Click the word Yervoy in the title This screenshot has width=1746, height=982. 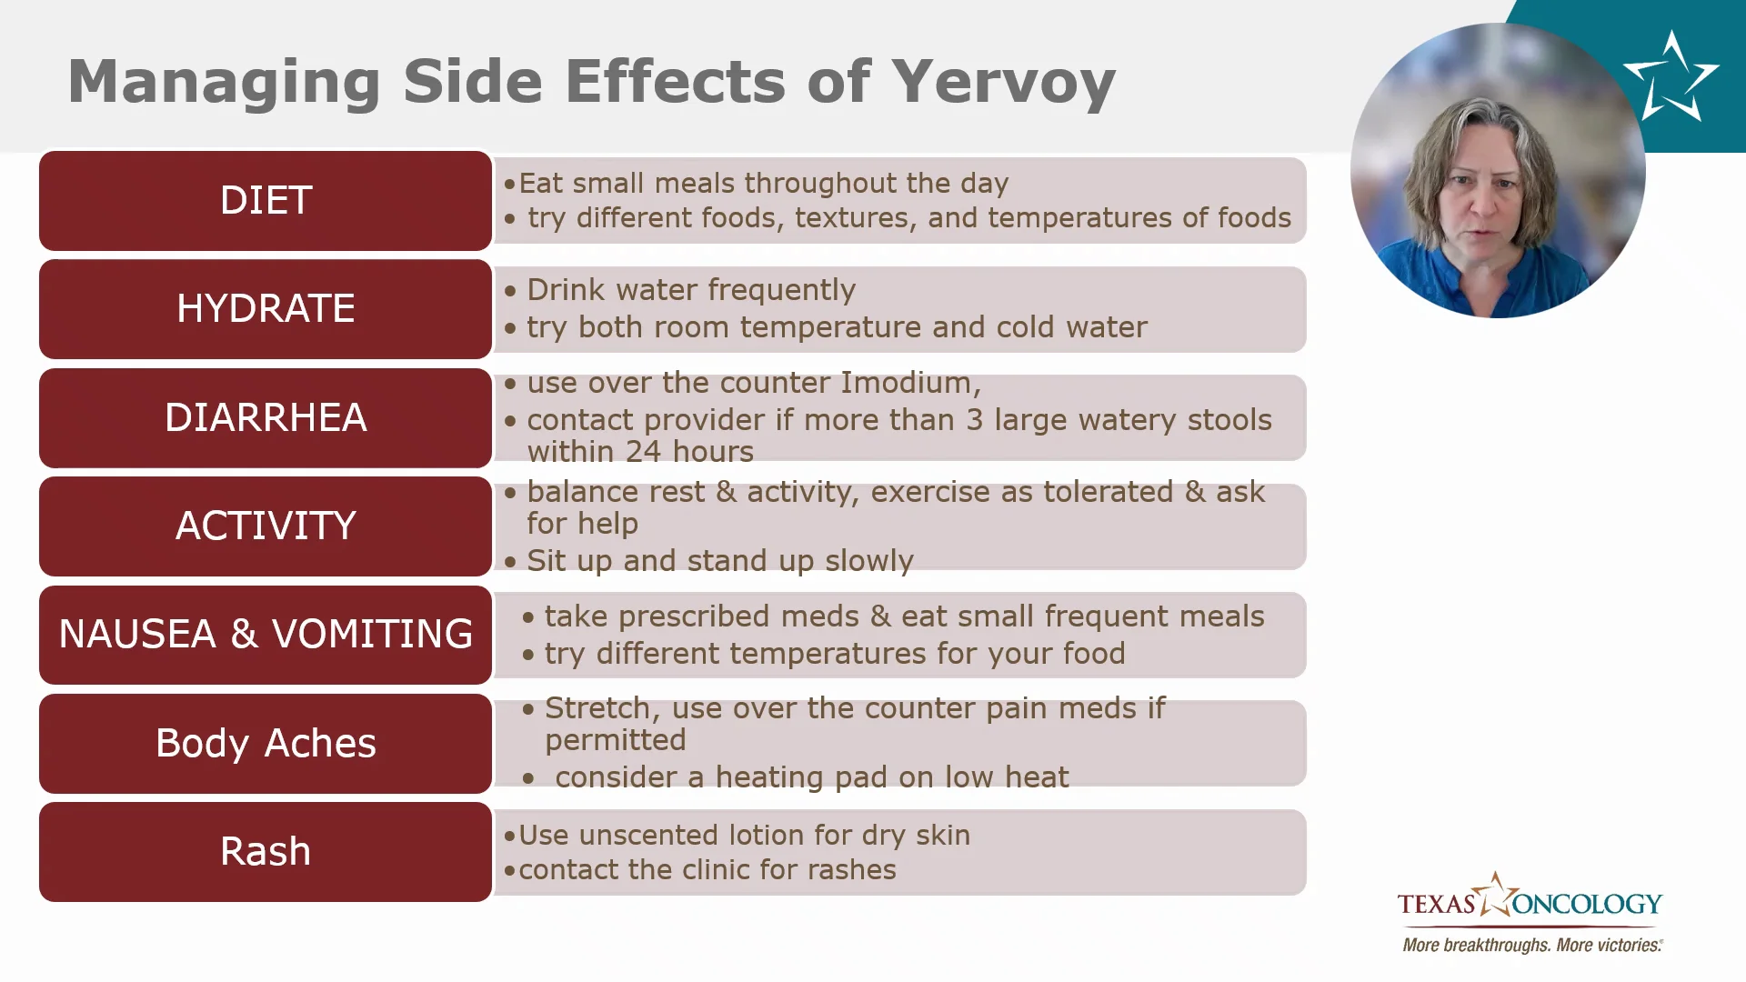click(x=1003, y=83)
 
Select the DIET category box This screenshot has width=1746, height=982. click(x=266, y=200)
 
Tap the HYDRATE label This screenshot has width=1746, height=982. click(x=266, y=308)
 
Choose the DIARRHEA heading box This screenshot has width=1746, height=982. click(x=266, y=417)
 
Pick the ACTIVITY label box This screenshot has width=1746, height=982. click(x=266, y=526)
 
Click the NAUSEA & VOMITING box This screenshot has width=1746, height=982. click(x=266, y=634)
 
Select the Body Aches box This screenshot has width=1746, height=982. click(x=266, y=743)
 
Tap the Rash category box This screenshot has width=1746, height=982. click(x=266, y=851)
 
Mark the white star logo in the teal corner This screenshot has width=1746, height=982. click(x=1671, y=76)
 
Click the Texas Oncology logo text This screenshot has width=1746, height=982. click(x=1530, y=901)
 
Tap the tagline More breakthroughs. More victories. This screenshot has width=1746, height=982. click(x=1533, y=945)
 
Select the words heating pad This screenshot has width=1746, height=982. click(x=801, y=777)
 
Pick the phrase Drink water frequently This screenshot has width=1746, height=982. click(x=691, y=290)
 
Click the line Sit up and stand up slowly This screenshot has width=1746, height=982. click(x=720, y=561)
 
